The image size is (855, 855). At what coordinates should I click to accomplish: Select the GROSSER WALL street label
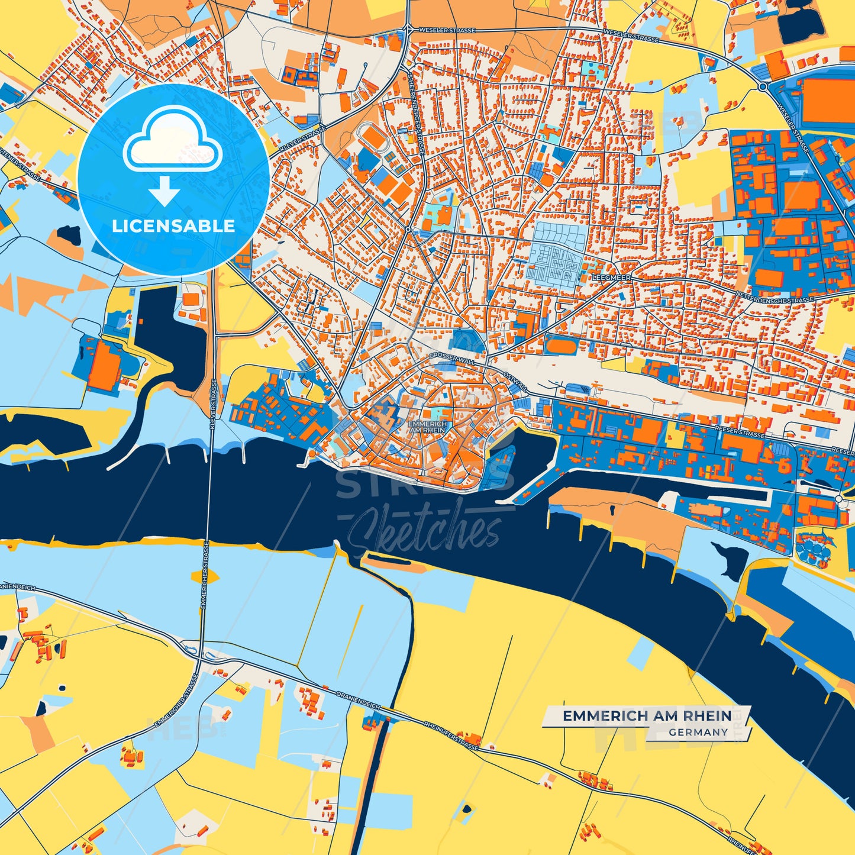(451, 357)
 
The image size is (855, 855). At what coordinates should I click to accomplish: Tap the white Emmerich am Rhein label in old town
(427, 427)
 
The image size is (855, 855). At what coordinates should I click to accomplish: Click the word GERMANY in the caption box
(698, 732)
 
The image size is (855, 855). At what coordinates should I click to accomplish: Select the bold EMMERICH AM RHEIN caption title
(647, 716)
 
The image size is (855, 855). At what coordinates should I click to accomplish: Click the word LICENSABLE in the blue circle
(173, 225)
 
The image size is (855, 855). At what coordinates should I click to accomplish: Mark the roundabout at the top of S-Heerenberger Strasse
(408, 28)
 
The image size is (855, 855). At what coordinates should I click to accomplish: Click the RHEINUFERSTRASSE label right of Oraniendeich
(451, 735)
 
